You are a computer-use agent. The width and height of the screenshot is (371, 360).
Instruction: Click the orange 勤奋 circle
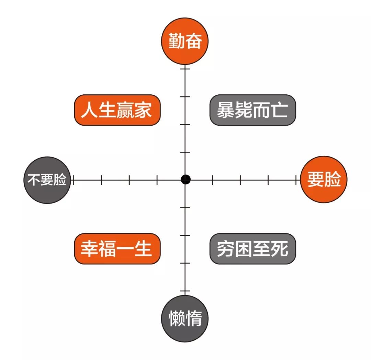[x=185, y=41]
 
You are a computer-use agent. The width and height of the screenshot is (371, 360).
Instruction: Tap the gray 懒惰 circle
[x=185, y=318]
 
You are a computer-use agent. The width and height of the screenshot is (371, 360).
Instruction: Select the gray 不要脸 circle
[x=47, y=180]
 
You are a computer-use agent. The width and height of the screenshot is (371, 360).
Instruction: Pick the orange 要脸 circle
[x=324, y=179]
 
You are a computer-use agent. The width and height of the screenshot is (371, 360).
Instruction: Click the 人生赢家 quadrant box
[x=117, y=110]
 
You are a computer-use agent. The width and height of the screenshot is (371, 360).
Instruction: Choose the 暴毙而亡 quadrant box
[x=253, y=110]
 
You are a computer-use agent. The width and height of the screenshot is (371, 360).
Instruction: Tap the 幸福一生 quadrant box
[x=117, y=249]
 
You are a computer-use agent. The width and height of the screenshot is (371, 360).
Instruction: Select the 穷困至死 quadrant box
[x=253, y=249]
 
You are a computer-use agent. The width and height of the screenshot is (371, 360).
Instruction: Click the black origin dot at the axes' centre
[x=185, y=179]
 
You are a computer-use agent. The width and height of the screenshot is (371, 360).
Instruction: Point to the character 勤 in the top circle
[x=177, y=41]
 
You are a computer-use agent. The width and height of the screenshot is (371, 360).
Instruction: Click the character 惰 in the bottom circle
[x=193, y=318]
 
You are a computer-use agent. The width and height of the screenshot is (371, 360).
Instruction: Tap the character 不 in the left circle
[x=34, y=179]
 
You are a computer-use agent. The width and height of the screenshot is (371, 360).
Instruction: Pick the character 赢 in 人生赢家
[x=125, y=110]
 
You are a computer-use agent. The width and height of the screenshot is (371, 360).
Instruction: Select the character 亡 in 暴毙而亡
[x=279, y=110]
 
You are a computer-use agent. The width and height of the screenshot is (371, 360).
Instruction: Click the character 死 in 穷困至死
[x=279, y=249]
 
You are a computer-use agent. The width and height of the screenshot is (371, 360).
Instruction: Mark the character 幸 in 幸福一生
[x=89, y=249]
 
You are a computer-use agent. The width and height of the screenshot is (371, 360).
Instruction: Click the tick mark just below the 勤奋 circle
[x=185, y=69]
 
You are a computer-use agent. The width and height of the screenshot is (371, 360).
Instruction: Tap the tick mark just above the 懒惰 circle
[x=185, y=291]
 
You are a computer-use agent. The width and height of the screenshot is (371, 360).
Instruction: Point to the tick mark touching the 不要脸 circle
[x=74, y=180]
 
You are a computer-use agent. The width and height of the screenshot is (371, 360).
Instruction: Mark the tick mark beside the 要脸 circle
[x=296, y=180]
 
